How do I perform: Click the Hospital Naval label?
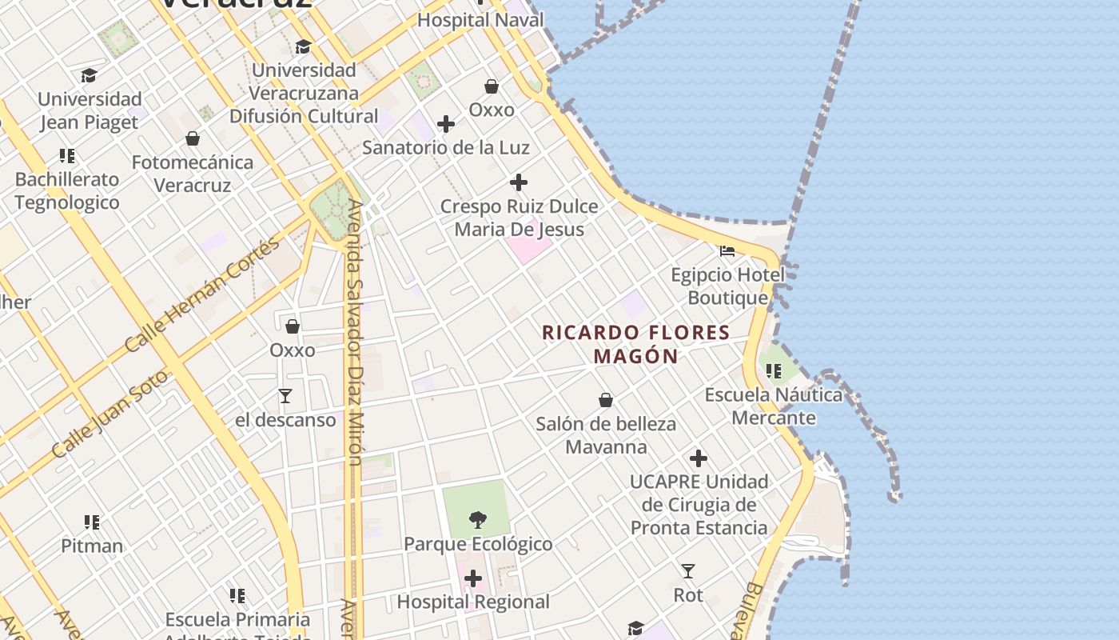[480, 20]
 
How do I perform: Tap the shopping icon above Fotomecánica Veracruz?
[193, 138]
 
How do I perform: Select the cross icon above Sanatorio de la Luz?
[446, 124]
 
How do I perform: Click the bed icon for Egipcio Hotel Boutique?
[727, 250]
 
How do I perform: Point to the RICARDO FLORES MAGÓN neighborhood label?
[636, 344]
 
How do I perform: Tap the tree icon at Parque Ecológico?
[477, 520]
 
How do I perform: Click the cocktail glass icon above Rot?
[687, 571]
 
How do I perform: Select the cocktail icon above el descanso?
[285, 396]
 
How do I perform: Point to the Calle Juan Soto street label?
[110, 413]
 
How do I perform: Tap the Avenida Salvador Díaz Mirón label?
[355, 332]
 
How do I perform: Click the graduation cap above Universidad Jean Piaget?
[89, 76]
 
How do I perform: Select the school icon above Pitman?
[92, 522]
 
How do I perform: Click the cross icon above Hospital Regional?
[473, 578]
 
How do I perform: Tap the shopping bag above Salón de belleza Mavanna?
[606, 400]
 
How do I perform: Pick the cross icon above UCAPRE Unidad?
[699, 458]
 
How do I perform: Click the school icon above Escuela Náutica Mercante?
[773, 371]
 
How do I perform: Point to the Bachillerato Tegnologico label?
[67, 191]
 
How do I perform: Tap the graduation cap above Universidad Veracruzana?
[303, 47]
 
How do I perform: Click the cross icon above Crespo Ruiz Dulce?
[519, 182]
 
